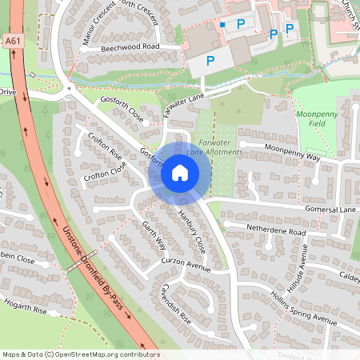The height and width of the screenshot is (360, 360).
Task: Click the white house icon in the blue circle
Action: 179,172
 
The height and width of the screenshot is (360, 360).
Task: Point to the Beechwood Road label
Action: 130,48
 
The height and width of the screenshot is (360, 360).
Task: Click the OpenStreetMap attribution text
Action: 80,354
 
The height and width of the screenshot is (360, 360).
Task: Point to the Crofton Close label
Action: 105,173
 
